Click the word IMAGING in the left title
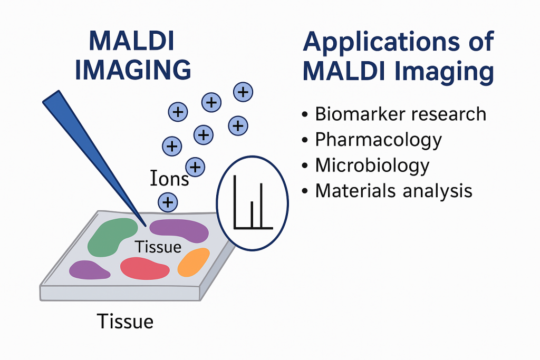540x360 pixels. (132, 70)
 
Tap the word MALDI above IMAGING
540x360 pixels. (132, 40)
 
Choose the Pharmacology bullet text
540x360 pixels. (378, 140)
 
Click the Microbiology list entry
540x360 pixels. (372, 166)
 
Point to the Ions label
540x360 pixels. (169, 179)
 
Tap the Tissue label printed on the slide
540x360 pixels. (158, 247)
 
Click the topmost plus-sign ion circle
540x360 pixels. (243, 92)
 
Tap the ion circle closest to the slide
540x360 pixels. (168, 201)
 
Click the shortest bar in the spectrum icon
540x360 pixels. (253, 215)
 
